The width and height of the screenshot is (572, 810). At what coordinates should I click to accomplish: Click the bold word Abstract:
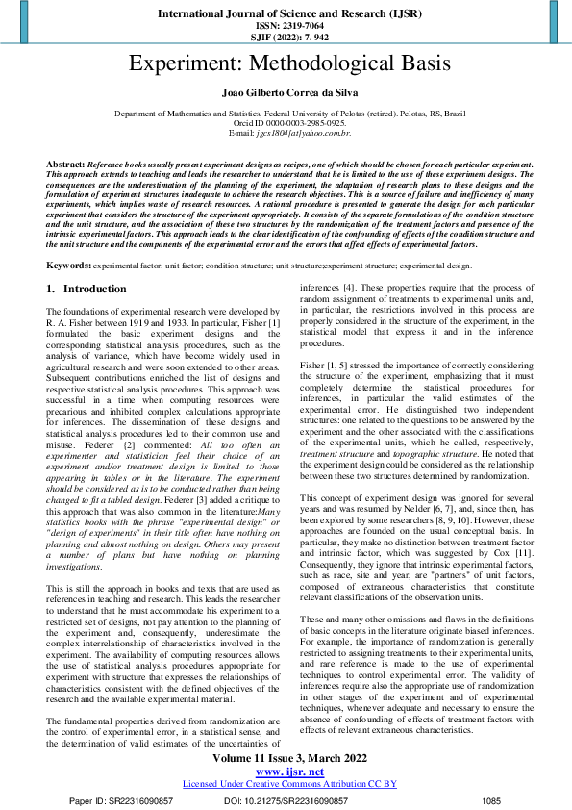[65, 165]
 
